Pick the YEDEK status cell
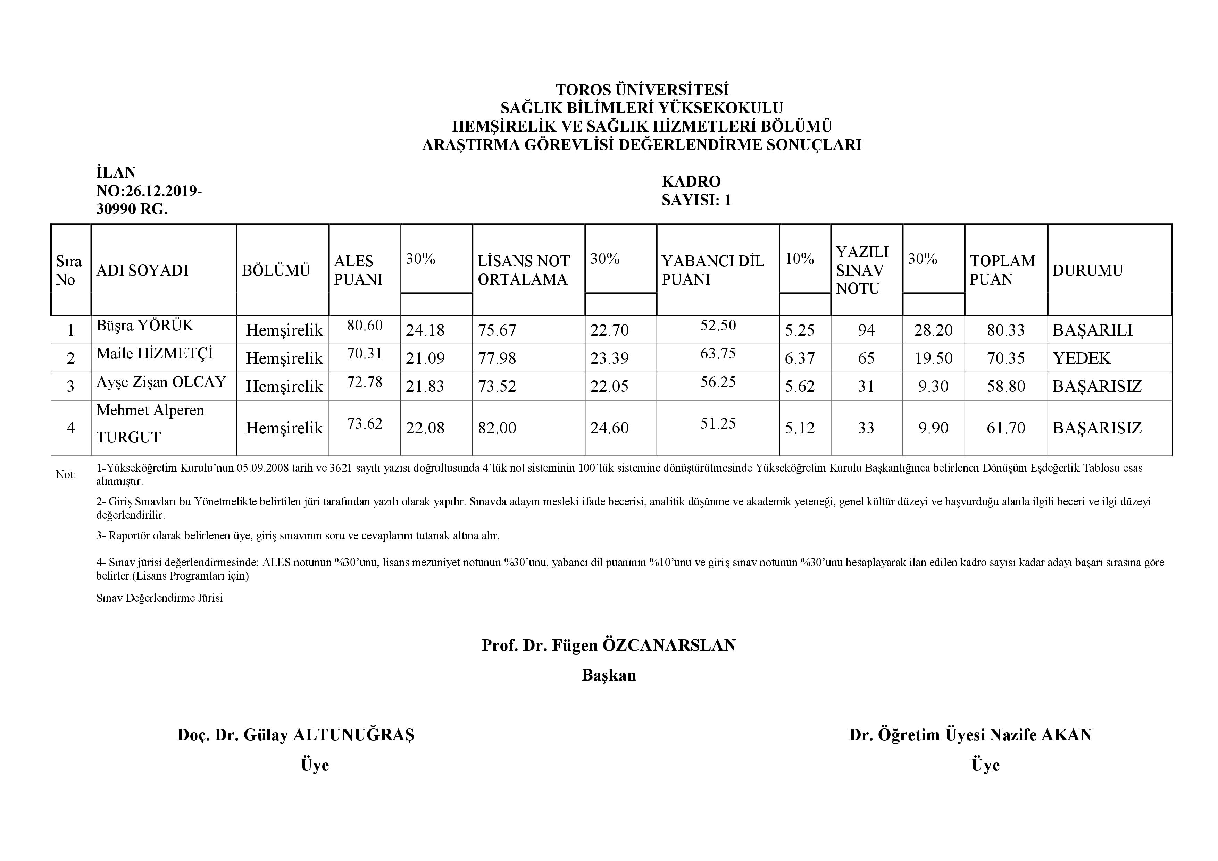tap(1081, 358)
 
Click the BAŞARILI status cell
tap(1092, 330)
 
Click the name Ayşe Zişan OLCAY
tap(161, 382)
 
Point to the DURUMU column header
tap(1087, 270)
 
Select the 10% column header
tap(800, 259)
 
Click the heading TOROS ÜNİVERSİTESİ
tap(642, 89)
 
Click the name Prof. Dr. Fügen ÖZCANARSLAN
tap(608, 645)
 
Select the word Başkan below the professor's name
tap(608, 675)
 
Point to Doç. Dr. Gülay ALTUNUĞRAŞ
tap(295, 735)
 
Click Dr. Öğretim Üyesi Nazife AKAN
tap(970, 735)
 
